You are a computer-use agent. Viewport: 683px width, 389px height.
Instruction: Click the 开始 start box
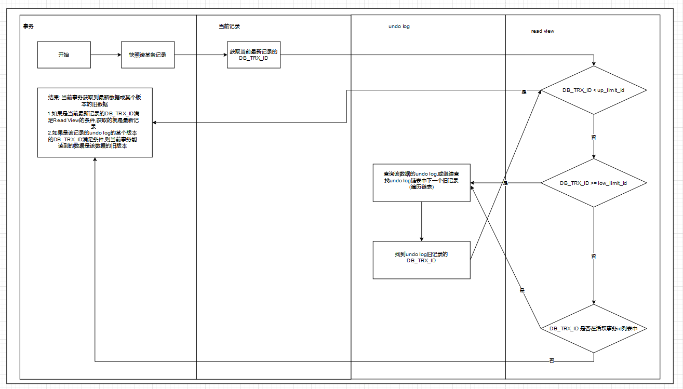64,55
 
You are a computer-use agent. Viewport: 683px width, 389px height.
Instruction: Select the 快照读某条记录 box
148,55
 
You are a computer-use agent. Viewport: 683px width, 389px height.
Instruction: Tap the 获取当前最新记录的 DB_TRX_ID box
253,55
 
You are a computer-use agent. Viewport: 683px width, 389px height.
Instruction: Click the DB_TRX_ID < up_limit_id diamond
593,90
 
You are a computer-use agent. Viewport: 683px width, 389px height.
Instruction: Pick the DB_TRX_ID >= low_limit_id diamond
593,183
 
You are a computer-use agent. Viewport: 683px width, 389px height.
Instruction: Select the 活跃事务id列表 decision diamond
593,328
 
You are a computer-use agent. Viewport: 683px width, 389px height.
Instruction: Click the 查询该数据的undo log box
421,183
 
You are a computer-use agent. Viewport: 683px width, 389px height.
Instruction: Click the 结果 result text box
95,122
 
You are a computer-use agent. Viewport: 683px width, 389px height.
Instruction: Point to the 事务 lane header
29,26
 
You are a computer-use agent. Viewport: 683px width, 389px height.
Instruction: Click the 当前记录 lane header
229,26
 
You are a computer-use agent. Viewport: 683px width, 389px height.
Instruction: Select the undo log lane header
399,26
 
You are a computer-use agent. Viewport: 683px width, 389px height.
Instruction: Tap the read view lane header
542,31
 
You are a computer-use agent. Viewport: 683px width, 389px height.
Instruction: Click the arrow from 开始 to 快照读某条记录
106,55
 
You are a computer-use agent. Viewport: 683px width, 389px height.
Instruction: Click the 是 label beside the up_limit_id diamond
524,92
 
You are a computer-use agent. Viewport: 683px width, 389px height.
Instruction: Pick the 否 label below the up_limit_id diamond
594,137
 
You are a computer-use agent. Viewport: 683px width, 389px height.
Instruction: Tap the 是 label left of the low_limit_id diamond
505,183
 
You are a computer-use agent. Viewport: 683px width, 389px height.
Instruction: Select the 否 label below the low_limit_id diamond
594,256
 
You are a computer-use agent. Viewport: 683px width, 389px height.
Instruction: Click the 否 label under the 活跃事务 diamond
552,360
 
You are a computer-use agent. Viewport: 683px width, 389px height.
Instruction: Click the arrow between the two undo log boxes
421,221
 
